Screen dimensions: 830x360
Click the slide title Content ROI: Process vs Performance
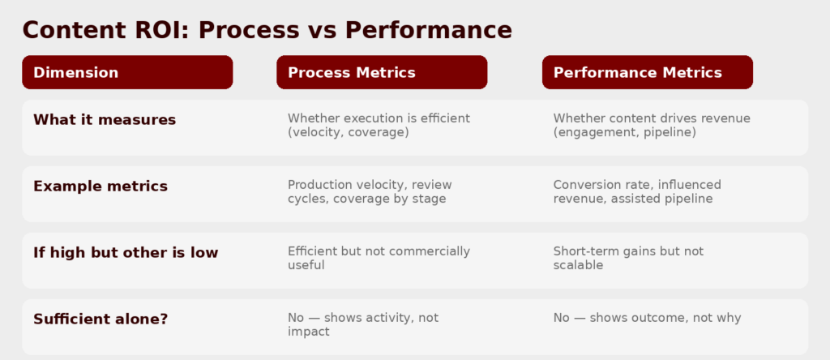tap(267, 30)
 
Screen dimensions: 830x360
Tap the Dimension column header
tap(127, 72)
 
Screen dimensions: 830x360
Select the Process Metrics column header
tap(382, 72)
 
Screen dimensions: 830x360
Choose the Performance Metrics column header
tap(648, 72)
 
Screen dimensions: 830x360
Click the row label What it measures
tap(105, 120)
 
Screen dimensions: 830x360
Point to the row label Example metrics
tap(101, 186)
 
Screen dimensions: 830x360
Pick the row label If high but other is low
tap(126, 252)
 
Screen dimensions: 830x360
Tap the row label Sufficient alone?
tap(101, 319)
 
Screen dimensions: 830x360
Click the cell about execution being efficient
tap(379, 126)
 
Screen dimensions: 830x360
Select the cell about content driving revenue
tap(652, 126)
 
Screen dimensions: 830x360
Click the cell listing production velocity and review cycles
tap(370, 191)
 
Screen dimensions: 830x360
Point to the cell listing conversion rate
tap(637, 191)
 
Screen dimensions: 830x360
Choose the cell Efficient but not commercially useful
tap(379, 258)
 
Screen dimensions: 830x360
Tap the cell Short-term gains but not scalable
tap(629, 258)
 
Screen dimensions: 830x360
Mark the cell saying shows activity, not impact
tap(363, 324)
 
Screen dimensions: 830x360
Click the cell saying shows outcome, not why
tap(648, 318)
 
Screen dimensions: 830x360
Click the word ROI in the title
tap(163, 30)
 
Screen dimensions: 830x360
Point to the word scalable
tap(579, 264)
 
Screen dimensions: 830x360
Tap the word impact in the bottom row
tap(309, 332)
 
